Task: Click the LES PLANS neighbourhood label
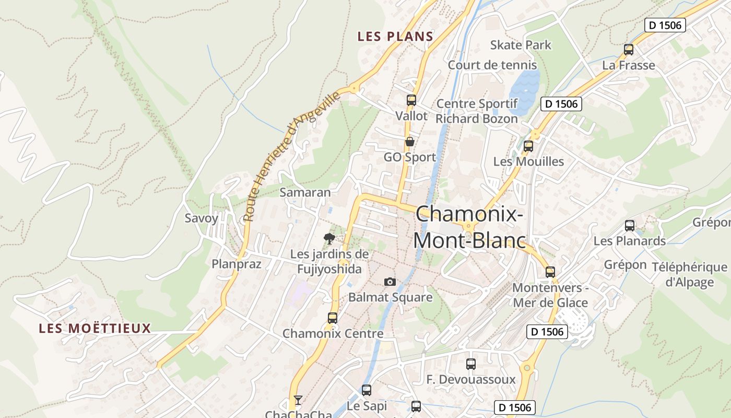point(395,37)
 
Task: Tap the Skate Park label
point(521,45)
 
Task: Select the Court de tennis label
point(492,65)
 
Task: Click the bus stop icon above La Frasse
point(629,50)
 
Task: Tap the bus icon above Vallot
point(411,100)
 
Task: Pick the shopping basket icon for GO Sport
point(410,142)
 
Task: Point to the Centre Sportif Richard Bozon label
point(477,111)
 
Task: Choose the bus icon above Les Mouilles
point(528,146)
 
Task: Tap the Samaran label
point(305,192)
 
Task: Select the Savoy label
point(202,218)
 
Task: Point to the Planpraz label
point(237,264)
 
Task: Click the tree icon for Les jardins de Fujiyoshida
point(329,239)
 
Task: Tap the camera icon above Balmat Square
point(390,282)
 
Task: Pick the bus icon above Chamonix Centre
point(333,318)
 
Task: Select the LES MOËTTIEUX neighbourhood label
point(95,329)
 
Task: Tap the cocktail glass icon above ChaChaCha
point(298,400)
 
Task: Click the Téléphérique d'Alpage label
point(690,275)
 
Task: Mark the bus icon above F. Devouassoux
point(471,364)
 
